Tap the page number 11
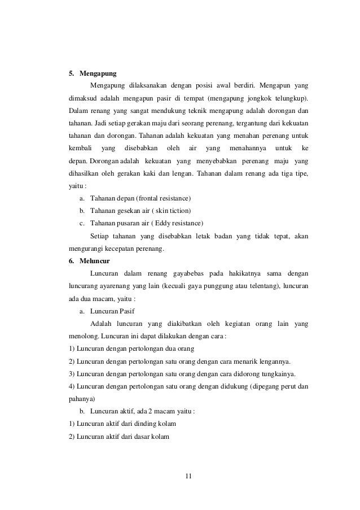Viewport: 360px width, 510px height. click(188, 475)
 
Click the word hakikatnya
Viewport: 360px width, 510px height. click(242, 274)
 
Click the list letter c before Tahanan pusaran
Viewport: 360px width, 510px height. click(82, 223)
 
